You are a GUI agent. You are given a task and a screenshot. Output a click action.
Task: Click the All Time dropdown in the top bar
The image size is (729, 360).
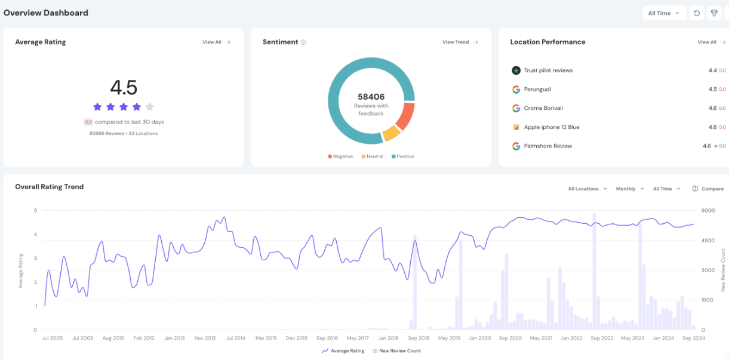click(x=663, y=13)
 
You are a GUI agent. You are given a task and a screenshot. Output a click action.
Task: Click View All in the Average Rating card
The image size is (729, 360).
click(x=216, y=42)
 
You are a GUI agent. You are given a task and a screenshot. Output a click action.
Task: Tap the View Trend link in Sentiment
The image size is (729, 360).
click(x=460, y=42)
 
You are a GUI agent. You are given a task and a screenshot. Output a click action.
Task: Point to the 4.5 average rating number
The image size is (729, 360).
click(x=124, y=88)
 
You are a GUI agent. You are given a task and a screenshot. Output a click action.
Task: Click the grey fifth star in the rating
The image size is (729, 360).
click(x=150, y=107)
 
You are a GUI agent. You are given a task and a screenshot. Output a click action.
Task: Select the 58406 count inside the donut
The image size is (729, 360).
click(x=371, y=97)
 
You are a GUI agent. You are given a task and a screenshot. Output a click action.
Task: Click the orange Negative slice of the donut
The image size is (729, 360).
click(x=405, y=116)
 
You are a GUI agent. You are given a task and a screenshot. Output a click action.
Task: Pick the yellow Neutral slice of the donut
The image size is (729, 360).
click(x=390, y=133)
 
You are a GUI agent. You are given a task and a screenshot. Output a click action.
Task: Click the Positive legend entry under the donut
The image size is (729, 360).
click(x=403, y=156)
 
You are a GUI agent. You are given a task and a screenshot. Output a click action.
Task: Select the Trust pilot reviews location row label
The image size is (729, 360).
click(x=548, y=70)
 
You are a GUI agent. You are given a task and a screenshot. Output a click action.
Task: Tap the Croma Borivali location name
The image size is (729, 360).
click(x=543, y=108)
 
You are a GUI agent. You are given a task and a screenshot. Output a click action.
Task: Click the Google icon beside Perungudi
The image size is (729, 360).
click(x=516, y=90)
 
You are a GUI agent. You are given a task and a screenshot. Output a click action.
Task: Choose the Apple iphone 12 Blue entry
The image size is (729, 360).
click(x=551, y=127)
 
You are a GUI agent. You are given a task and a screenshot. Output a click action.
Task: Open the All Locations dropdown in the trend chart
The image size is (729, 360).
click(x=587, y=189)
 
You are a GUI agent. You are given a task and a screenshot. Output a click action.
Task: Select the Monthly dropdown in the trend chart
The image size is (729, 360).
click(x=629, y=189)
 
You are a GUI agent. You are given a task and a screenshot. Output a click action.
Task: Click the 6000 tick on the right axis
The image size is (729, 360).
click(x=708, y=210)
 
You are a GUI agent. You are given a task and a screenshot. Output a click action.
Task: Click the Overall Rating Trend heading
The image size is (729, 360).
click(x=50, y=187)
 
